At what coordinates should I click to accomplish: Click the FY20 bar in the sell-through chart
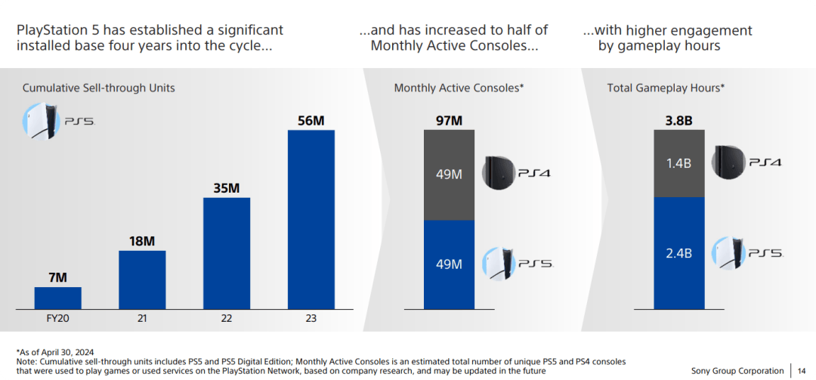pos(57,298)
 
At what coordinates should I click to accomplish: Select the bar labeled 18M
pos(142,280)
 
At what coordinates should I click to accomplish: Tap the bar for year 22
pos(226,253)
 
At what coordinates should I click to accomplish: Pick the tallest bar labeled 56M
pos(311,219)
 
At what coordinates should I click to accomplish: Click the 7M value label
pos(57,277)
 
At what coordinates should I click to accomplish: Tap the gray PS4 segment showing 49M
pos(449,175)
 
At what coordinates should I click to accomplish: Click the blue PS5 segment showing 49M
pos(449,264)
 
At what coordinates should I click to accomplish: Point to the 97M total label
pos(449,121)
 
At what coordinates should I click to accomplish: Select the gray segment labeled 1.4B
pos(678,163)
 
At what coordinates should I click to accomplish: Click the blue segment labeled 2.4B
pos(678,253)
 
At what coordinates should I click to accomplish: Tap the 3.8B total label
pos(678,121)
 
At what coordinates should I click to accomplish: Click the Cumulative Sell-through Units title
pos(98,88)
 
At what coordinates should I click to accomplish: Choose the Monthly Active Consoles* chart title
pos(459,88)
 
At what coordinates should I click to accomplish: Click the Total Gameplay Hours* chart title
pos(666,88)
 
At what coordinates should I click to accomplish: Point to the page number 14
pos(801,371)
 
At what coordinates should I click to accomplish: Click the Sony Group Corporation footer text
pos(737,371)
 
